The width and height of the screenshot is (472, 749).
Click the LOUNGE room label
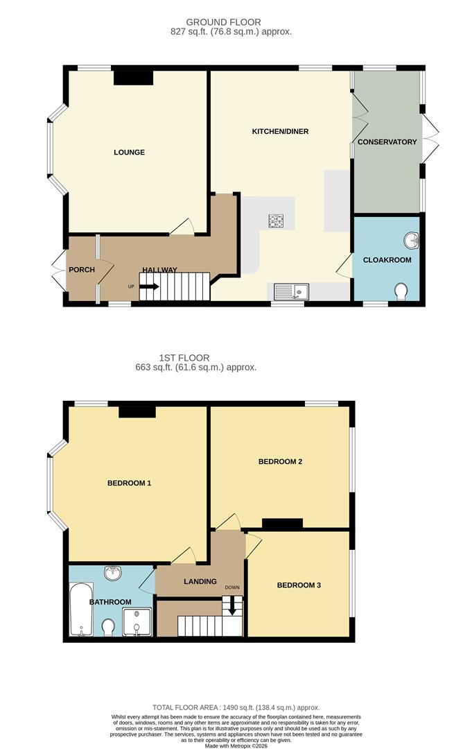click(x=130, y=152)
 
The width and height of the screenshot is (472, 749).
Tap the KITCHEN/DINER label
click(x=284, y=131)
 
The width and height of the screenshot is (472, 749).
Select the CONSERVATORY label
click(x=387, y=142)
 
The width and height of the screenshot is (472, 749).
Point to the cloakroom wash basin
click(x=411, y=240)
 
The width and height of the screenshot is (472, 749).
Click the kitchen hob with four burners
click(x=277, y=221)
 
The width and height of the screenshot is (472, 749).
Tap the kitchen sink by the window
click(x=291, y=291)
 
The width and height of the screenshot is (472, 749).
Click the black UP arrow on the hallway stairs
click(x=150, y=286)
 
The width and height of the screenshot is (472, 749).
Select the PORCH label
click(x=81, y=270)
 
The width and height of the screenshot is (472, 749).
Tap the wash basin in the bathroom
click(x=112, y=574)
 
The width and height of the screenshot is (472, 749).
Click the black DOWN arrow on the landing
click(x=231, y=608)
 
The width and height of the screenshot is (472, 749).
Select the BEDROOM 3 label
click(x=299, y=585)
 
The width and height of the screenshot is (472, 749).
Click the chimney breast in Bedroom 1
click(x=137, y=412)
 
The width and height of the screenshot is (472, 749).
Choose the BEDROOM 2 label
click(x=280, y=462)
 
